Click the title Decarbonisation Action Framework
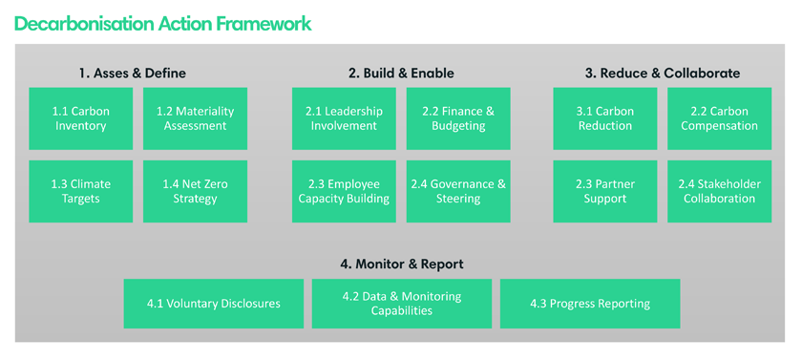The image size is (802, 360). [x=162, y=23]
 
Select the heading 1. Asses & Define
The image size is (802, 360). [x=133, y=74]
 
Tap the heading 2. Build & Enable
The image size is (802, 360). [x=401, y=74]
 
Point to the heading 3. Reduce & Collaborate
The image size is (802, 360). [x=663, y=74]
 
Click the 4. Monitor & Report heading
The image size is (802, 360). [x=402, y=265]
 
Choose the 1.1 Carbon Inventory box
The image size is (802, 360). [x=81, y=118]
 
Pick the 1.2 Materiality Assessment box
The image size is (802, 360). [x=195, y=118]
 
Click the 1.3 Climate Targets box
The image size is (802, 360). [x=81, y=191]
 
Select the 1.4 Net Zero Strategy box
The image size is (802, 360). [x=195, y=191]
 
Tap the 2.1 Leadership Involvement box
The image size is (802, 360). [x=344, y=118]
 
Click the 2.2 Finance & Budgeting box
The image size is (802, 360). [x=458, y=118]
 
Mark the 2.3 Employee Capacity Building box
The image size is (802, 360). [x=344, y=191]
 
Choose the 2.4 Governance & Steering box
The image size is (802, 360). [x=458, y=191]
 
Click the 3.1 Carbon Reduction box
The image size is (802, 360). [x=605, y=118]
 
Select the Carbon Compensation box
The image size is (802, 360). [x=720, y=118]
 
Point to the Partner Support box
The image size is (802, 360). [x=605, y=191]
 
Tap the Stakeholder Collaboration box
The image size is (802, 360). [x=720, y=191]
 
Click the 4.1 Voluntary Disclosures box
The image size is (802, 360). [x=214, y=304]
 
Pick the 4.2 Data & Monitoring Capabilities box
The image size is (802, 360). [x=402, y=304]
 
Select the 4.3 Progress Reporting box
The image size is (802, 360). [x=590, y=304]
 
